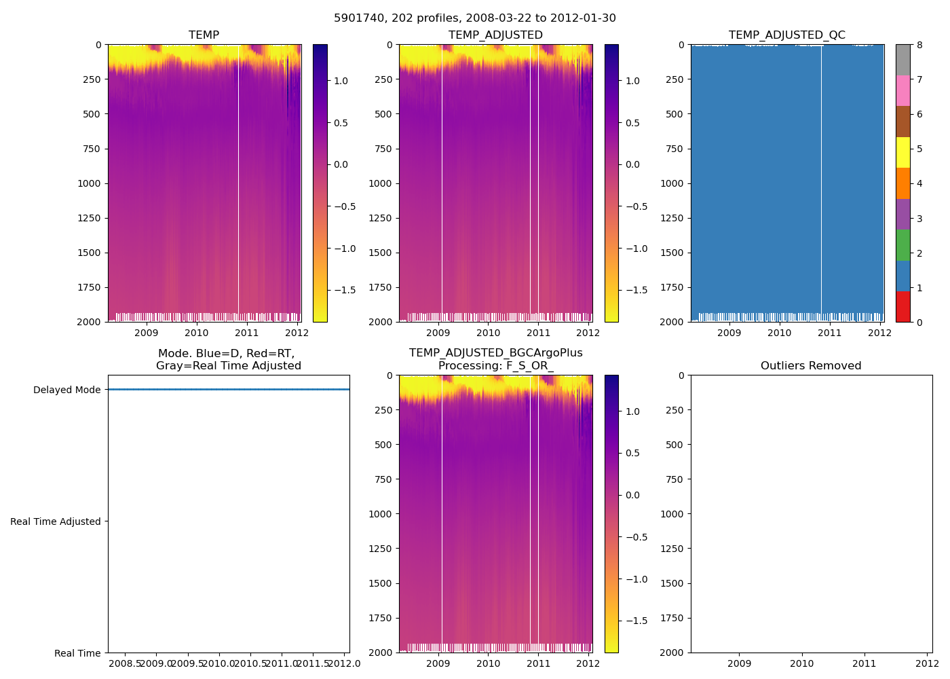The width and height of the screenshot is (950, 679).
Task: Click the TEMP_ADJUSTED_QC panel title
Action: coord(786,35)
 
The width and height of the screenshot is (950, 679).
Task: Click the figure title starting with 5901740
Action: coord(474,18)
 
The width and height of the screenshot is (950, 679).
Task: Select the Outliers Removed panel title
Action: coord(811,366)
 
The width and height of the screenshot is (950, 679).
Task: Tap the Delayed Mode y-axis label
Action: coord(66,390)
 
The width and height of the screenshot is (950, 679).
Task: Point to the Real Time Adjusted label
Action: coord(55,521)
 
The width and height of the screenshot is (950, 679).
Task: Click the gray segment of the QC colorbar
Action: coord(902,60)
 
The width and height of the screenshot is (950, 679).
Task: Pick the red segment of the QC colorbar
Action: coord(902,306)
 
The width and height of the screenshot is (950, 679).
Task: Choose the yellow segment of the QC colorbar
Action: coord(902,152)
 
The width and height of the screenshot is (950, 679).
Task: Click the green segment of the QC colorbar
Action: coord(902,244)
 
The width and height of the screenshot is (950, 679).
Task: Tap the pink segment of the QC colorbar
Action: coord(902,90)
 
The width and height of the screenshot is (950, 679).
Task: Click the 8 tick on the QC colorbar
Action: coord(919,45)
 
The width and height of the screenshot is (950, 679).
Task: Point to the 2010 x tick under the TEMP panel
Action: coord(197,333)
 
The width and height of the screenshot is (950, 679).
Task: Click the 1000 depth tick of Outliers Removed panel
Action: coord(673,514)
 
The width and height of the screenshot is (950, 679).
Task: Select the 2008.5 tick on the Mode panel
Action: coord(125,663)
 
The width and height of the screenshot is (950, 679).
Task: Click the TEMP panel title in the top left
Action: coord(204,35)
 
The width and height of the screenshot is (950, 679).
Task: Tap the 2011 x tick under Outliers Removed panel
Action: coord(864,663)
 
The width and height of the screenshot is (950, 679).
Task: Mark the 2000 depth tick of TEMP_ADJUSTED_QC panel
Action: coord(673,322)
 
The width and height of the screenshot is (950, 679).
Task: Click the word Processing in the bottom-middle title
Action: coord(469,366)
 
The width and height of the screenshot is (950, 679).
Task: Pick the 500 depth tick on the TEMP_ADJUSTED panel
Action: coord(383,114)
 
